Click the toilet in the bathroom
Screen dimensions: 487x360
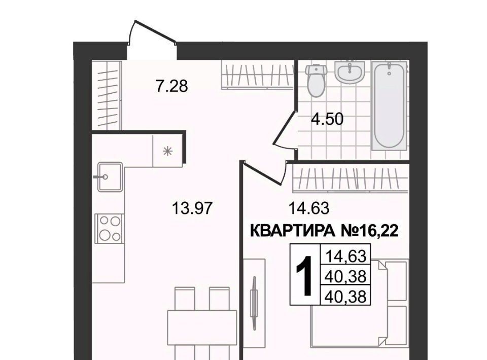(x=317, y=81)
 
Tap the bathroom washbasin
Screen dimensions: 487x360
(x=350, y=72)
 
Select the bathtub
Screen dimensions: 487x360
(x=390, y=105)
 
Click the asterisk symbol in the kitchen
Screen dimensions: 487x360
(x=168, y=152)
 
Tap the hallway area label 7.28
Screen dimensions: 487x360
(x=172, y=86)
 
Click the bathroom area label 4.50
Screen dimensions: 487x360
(x=328, y=119)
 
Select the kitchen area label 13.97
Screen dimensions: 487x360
(x=192, y=208)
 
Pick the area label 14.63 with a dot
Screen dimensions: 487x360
(x=309, y=208)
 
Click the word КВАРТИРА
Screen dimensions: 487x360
(x=292, y=231)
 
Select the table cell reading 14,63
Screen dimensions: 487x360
(x=345, y=257)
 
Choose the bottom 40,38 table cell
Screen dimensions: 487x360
(x=345, y=296)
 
